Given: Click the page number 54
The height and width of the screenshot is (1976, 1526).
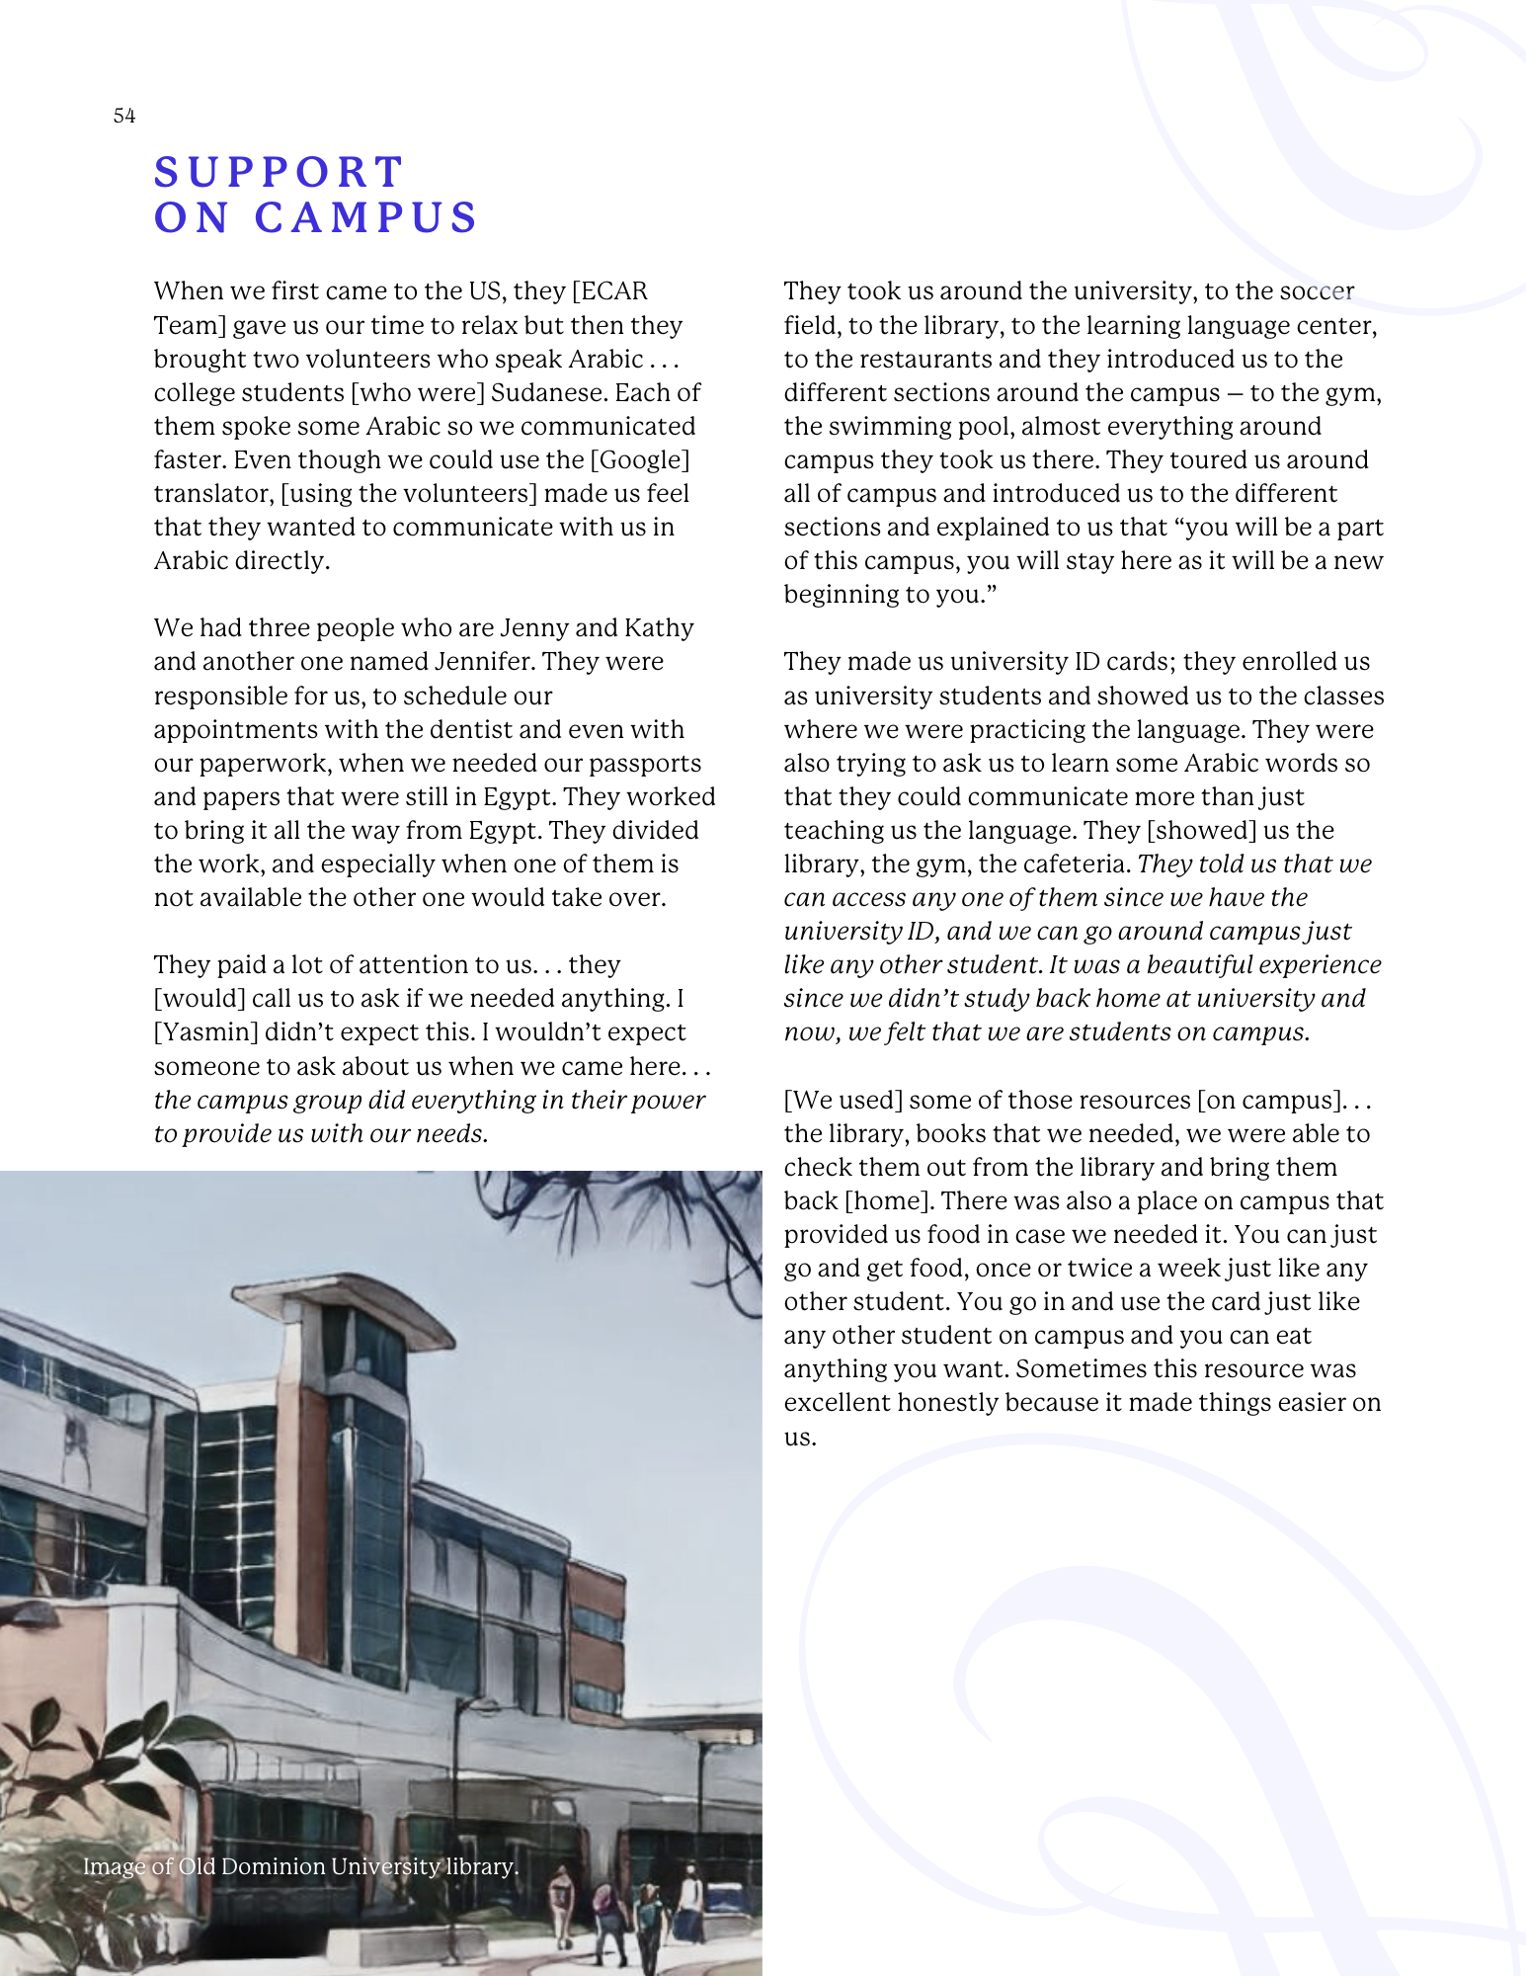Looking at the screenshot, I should [124, 116].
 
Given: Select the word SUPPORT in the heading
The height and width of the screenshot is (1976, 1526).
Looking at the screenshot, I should [279, 173].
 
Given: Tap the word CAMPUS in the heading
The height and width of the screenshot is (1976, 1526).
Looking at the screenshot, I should [365, 218].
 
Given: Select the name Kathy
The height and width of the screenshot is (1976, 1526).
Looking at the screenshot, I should [659, 627].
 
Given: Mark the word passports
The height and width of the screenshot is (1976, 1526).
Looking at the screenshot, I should [645, 763].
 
